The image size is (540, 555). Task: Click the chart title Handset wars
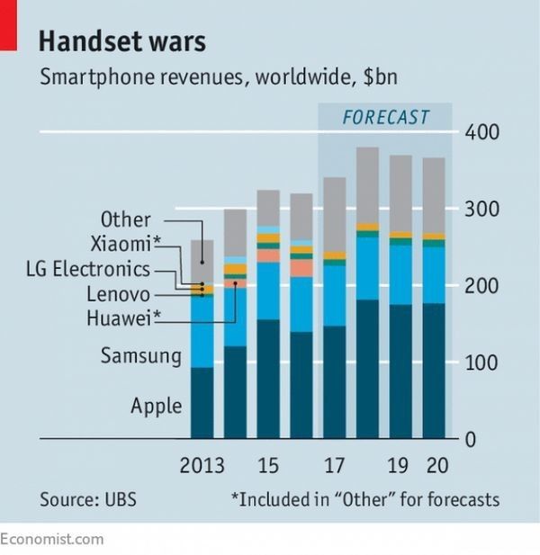(x=122, y=41)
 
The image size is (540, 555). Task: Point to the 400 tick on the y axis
(x=481, y=133)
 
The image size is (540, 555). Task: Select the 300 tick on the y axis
(x=481, y=210)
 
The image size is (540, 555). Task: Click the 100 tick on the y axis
(x=481, y=363)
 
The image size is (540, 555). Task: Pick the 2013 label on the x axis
(x=202, y=465)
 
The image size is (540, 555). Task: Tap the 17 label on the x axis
(x=335, y=465)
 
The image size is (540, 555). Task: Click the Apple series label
(x=156, y=406)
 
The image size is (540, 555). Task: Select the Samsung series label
(x=140, y=356)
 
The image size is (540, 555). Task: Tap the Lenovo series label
(x=119, y=293)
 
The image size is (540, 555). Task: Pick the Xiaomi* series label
(x=125, y=244)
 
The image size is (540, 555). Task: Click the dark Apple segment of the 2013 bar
(x=202, y=403)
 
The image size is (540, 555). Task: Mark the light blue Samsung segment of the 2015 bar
(x=268, y=291)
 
